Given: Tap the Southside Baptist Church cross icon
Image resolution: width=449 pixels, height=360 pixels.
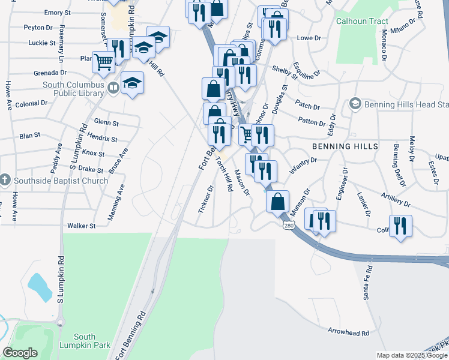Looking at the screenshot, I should (x=5, y=180).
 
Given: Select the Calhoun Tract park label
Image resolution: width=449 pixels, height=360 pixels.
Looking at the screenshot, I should (x=362, y=21).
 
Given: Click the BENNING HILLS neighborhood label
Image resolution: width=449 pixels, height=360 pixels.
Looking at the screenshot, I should (x=345, y=146).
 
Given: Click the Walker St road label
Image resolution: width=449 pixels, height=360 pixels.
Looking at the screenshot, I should (x=82, y=226).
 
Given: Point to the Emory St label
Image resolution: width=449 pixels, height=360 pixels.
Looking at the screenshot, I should (x=57, y=13).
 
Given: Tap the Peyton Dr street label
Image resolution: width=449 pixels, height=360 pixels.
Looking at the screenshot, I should (x=38, y=28).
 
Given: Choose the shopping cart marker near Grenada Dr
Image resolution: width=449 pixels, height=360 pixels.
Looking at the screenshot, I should (x=104, y=61).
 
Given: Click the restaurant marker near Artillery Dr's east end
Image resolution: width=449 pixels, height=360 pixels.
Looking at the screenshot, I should (x=400, y=226).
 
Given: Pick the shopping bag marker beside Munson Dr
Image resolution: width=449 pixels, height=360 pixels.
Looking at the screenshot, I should (x=278, y=202).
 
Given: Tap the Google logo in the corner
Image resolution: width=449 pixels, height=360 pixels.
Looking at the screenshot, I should (x=20, y=353).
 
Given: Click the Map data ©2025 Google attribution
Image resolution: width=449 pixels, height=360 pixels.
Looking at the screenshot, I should (x=412, y=355).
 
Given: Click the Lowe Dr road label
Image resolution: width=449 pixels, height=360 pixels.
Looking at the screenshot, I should (x=309, y=38).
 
